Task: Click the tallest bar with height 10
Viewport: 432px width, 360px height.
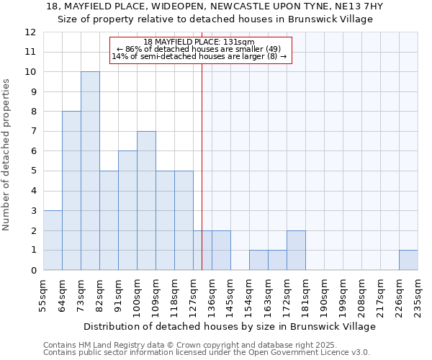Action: point(90,171)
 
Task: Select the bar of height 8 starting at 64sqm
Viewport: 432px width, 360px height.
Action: point(71,191)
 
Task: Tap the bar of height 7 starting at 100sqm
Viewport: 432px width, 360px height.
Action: point(146,201)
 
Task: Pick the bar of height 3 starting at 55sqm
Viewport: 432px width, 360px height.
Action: point(53,240)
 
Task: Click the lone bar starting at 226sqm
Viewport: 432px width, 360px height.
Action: point(408,260)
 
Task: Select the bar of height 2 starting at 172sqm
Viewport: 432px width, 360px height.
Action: point(296,251)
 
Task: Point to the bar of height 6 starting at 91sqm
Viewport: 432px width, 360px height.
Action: point(127,210)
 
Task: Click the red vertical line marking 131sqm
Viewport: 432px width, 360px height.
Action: point(202,180)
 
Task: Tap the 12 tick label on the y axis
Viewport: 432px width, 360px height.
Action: point(30,32)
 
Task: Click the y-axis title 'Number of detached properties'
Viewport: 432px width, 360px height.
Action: point(7,155)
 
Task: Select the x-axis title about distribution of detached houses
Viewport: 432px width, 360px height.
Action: point(230,327)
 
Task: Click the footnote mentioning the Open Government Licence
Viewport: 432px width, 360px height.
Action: point(207,352)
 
